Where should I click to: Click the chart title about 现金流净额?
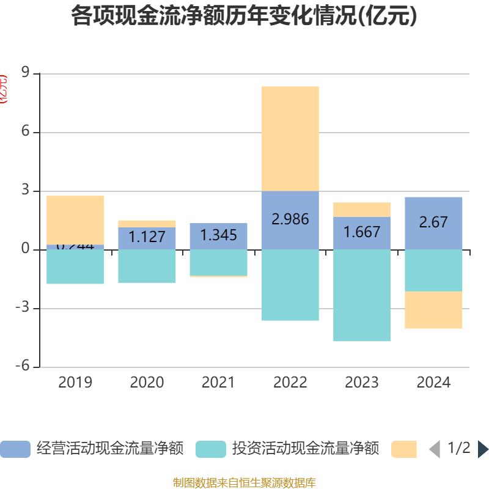coord(244,17)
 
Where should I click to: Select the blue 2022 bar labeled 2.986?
coord(290,219)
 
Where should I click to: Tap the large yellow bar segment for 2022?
coord(290,139)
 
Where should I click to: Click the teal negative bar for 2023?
coord(362,295)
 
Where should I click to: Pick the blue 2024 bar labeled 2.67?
coord(433,222)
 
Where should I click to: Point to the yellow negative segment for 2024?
coord(433,310)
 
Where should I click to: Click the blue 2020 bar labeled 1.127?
coord(147,238)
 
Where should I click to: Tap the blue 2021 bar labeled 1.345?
coord(218,235)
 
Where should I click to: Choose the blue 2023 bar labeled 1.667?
coord(362,233)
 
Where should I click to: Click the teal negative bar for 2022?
coord(290,285)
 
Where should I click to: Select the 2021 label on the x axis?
coord(218,383)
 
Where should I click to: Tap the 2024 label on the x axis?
coord(433,383)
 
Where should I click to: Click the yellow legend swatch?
coord(403,449)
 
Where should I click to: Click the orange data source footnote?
coord(244,483)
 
